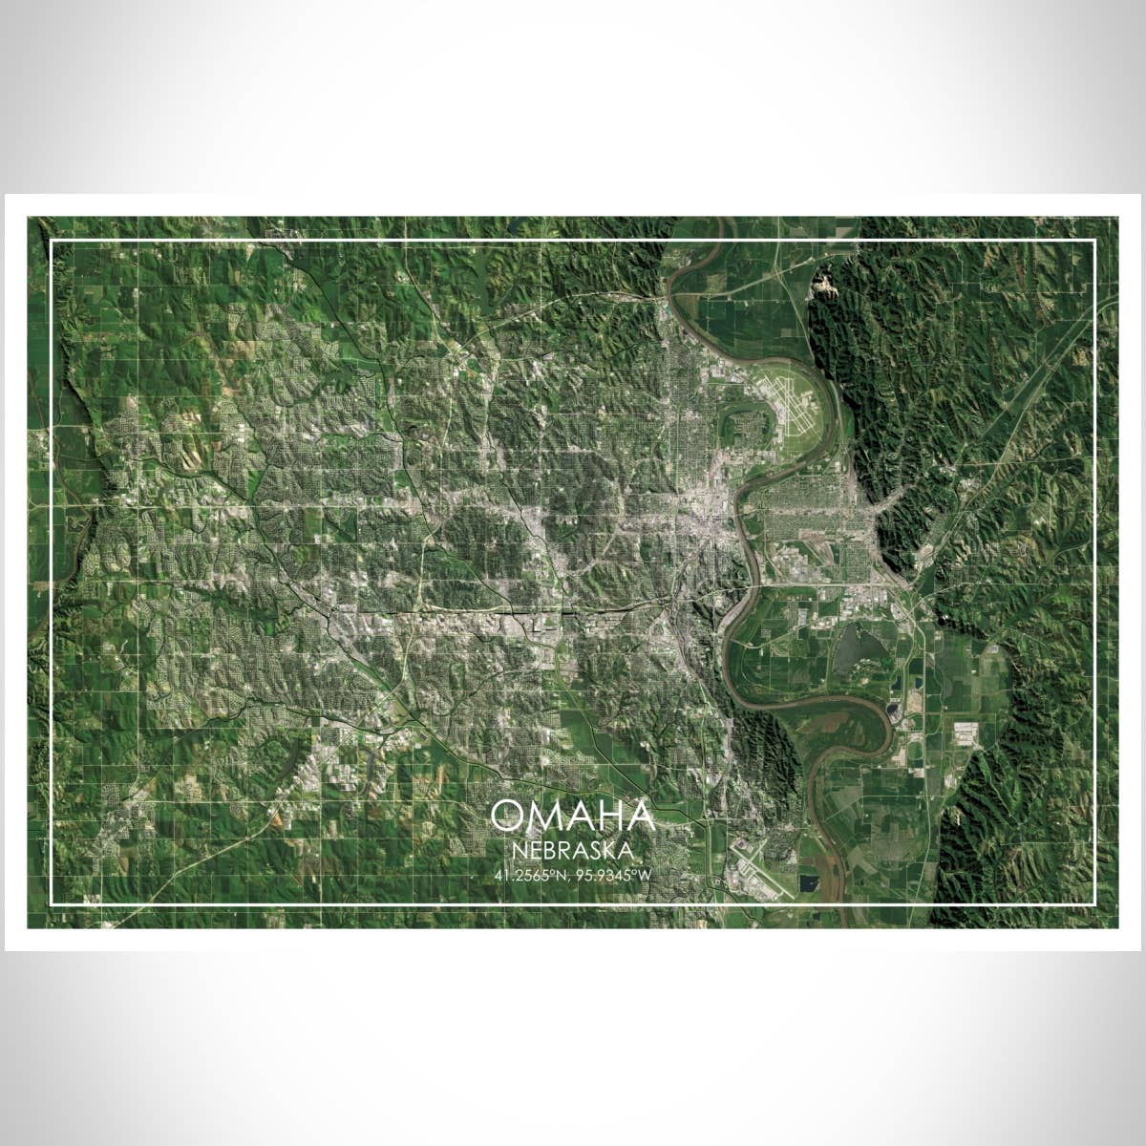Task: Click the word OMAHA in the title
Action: pos(573,817)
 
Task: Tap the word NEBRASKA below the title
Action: pos(572,849)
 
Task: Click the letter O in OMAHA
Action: pos(506,817)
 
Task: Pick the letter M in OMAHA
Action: pos(541,817)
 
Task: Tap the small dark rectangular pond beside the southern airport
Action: pos(809,884)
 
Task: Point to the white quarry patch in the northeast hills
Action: pos(822,287)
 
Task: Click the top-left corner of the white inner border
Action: pos(52,242)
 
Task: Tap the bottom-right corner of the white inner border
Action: pos(1093,903)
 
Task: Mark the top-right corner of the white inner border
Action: pos(1093,242)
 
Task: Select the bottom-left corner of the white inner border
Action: pos(52,903)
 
